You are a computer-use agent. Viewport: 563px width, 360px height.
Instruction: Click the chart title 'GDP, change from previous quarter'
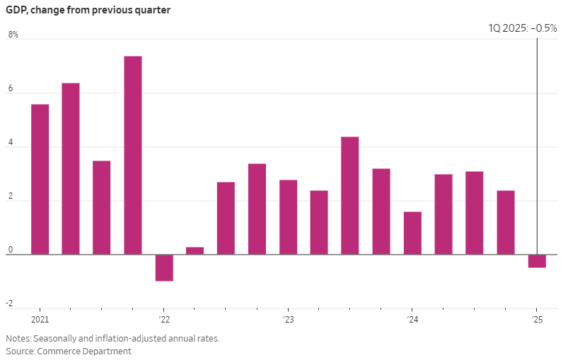coord(88,11)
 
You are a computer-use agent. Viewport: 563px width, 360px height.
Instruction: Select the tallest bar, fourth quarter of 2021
coord(133,155)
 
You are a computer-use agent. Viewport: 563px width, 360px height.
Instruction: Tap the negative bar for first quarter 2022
coord(164,267)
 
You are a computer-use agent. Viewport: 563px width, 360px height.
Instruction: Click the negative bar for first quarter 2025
coord(537,261)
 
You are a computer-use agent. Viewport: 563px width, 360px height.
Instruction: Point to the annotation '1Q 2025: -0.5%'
coord(523,28)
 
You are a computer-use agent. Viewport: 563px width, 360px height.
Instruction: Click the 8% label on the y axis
coord(13,35)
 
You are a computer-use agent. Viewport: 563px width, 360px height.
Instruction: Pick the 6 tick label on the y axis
coord(11,88)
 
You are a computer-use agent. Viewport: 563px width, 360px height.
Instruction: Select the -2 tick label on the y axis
coord(10,303)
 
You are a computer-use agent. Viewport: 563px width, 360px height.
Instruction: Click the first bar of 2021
coord(40,179)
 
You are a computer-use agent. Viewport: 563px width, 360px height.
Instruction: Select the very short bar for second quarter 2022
coord(195,250)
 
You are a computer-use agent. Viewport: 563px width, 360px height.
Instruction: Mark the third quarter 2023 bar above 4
coord(350,195)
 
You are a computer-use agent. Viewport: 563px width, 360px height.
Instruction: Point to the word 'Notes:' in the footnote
coord(18,338)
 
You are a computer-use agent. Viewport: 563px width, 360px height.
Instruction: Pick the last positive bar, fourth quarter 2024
coord(506,222)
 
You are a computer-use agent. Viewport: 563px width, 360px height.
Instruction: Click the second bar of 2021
coord(71,168)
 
